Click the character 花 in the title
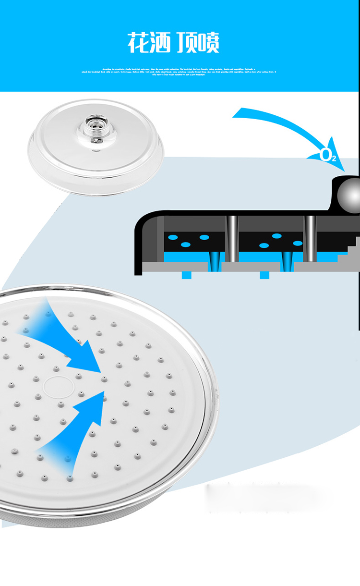click(x=138, y=43)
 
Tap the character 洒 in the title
click(x=161, y=43)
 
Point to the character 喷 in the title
click(x=208, y=43)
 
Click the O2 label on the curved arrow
click(x=328, y=155)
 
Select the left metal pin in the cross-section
click(x=232, y=238)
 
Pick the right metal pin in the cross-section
click(x=311, y=238)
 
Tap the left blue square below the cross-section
click(x=186, y=275)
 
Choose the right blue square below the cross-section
click(x=264, y=275)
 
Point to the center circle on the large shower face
click(x=57, y=385)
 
